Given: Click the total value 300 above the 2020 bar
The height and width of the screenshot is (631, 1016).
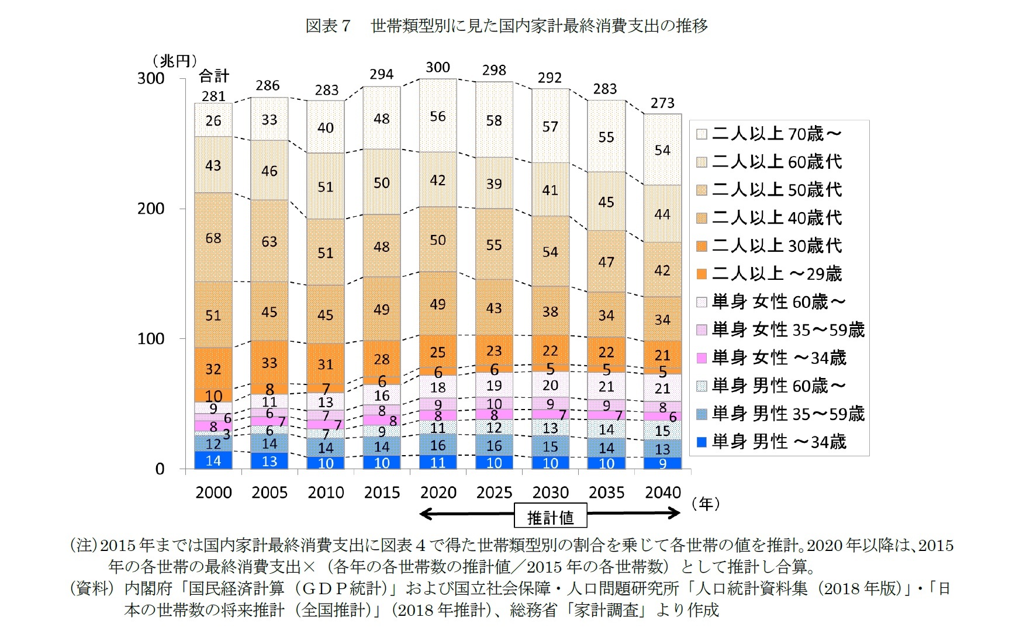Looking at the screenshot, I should [438, 68].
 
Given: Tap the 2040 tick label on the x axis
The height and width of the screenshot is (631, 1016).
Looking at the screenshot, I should [662, 493].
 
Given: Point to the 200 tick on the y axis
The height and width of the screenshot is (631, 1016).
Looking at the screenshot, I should [150, 209].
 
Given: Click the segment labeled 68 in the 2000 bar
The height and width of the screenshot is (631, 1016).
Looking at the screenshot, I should [213, 238].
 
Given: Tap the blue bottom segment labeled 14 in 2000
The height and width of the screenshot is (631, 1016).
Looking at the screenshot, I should [213, 460].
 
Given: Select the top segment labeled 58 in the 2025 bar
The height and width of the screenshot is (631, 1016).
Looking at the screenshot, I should [494, 120].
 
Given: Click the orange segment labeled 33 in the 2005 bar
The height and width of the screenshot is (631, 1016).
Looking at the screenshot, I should [269, 363].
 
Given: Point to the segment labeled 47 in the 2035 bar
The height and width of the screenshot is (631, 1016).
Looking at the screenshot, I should [606, 262].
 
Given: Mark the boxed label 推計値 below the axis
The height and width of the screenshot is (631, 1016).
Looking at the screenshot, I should [550, 517].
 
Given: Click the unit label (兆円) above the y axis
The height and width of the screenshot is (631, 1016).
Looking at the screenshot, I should [174, 61].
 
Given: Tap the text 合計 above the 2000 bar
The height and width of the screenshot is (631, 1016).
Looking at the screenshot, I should [214, 76].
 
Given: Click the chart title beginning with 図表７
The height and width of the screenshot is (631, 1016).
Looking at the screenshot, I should [507, 26].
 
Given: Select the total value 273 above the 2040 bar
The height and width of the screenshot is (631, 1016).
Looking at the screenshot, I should [662, 103].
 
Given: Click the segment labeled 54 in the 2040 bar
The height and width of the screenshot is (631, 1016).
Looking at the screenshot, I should [662, 150].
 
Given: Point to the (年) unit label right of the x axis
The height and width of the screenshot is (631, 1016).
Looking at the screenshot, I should [706, 504].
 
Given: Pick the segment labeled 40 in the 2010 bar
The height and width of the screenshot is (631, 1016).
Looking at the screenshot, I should [326, 127].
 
